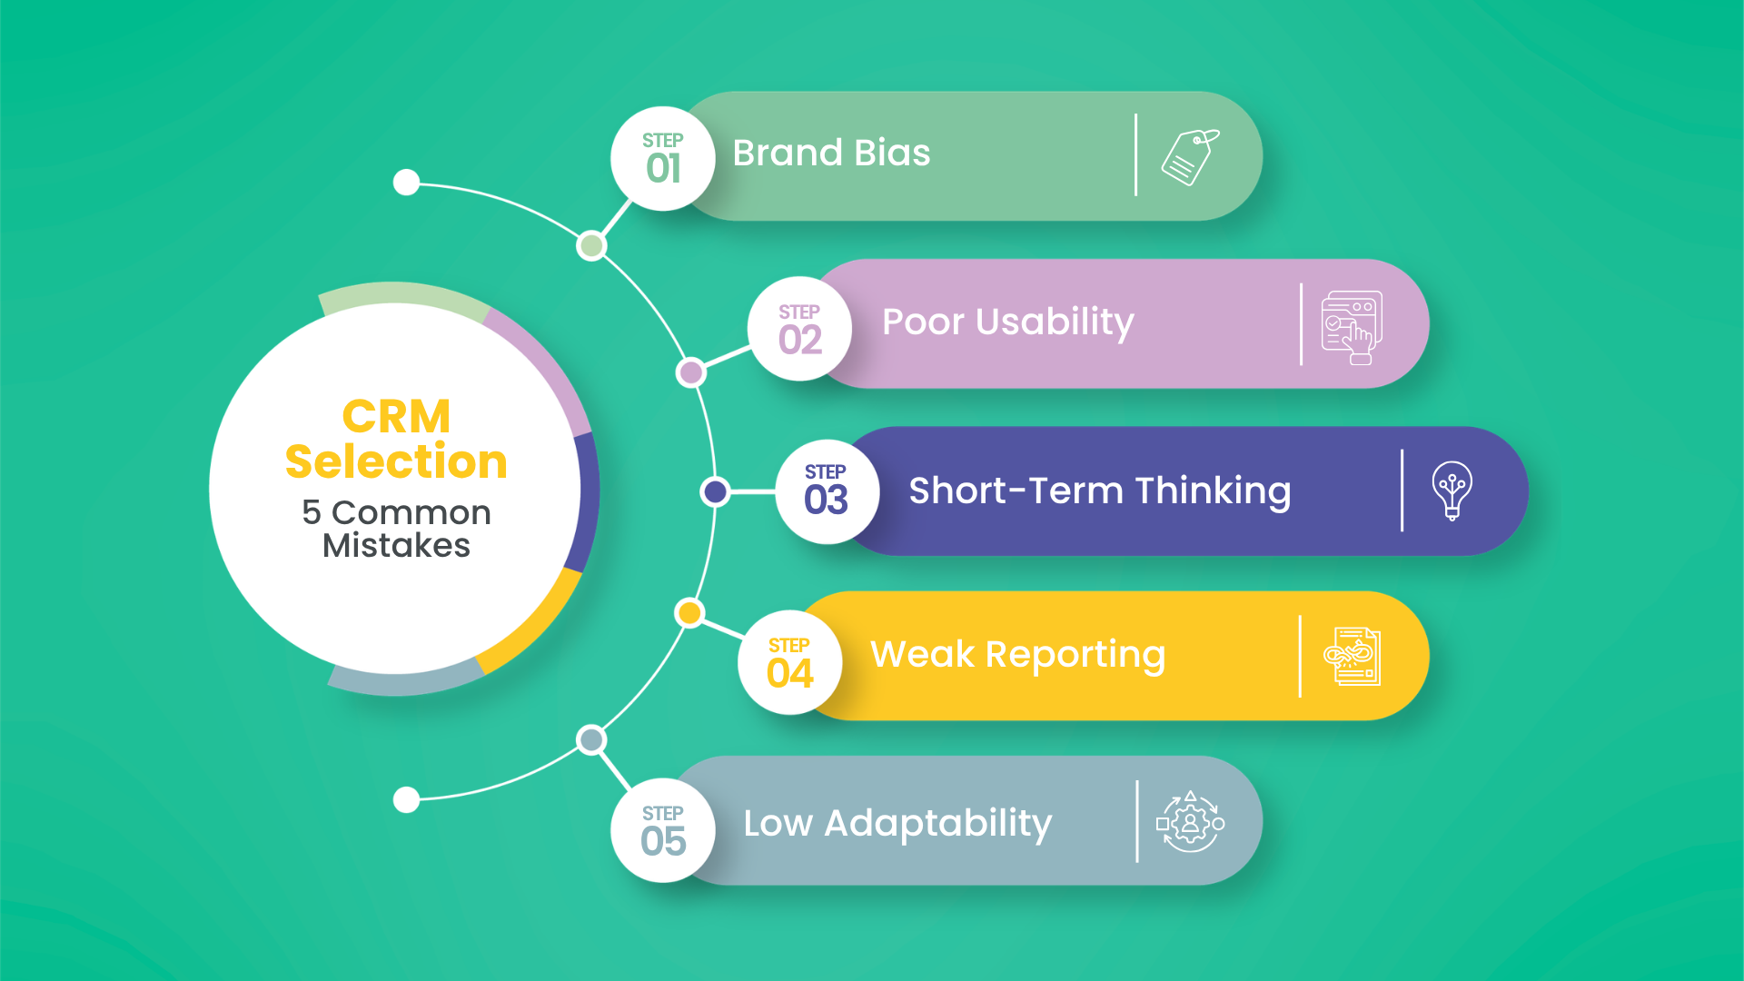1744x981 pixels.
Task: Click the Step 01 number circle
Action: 663,159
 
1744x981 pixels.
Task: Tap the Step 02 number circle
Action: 799,329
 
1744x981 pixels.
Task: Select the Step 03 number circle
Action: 827,491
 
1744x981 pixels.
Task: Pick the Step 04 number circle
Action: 789,662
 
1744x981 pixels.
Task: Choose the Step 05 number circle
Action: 663,830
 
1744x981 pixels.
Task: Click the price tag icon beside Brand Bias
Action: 1190,156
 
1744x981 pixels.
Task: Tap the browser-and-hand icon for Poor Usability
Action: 1352,327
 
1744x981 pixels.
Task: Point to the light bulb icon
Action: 1452,490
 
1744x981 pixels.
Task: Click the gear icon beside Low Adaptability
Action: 1190,823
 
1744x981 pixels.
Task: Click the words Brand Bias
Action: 831,154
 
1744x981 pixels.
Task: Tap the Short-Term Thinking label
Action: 1099,491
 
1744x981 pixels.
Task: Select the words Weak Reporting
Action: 1017,655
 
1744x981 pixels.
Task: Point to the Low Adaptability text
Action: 897,824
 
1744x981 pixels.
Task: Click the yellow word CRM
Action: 396,418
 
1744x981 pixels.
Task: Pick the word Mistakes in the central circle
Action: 396,545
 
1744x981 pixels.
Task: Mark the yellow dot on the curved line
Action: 689,613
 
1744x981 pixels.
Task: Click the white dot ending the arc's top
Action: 406,182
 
